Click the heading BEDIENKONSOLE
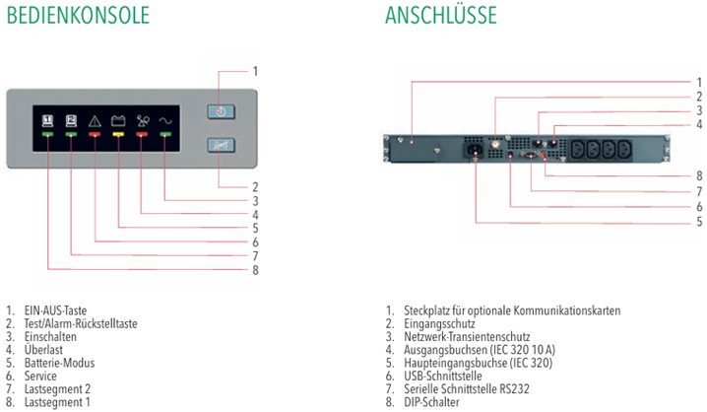coord(77,17)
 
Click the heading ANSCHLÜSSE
coord(441,17)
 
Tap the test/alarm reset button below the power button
coord(221,145)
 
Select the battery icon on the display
coord(118,120)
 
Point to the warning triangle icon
coord(95,120)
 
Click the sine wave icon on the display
coord(164,120)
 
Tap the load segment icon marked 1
coord(47,120)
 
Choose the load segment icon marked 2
coord(71,120)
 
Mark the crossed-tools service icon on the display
coord(142,120)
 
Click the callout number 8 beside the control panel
coord(255,269)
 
